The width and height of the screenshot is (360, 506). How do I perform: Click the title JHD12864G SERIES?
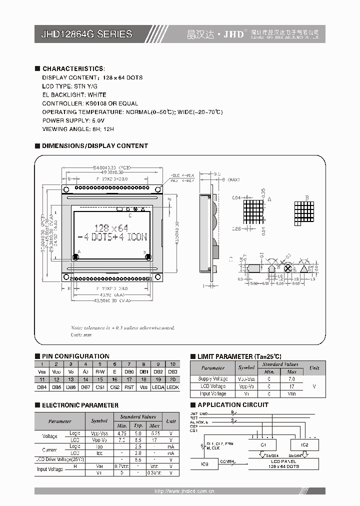[86, 34]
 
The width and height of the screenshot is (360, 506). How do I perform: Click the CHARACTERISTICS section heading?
[73, 68]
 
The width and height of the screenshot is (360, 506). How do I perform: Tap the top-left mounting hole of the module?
[65, 188]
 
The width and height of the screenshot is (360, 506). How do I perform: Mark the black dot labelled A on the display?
[75, 257]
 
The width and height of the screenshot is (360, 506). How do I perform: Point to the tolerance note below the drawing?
[122, 328]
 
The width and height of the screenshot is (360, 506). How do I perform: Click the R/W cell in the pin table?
[100, 372]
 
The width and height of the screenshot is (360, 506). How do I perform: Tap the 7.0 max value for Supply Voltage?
[292, 379]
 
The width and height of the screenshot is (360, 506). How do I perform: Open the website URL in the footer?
[184, 491]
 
